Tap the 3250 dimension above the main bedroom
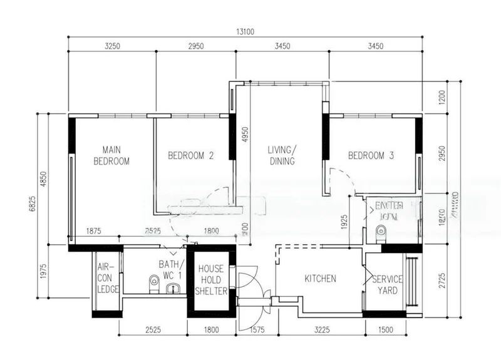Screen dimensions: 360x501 (x=112, y=46)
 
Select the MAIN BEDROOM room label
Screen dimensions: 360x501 (x=111, y=155)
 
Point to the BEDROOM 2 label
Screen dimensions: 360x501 (x=191, y=156)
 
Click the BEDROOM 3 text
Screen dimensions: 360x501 (x=371, y=156)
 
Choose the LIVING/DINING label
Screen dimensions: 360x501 (x=281, y=155)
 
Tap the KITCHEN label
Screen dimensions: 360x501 (x=321, y=279)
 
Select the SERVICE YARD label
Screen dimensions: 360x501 (x=388, y=285)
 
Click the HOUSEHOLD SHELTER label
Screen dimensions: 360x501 (x=211, y=280)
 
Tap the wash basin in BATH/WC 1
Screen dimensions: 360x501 (x=175, y=288)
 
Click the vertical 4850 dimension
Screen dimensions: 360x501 (x=43, y=180)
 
